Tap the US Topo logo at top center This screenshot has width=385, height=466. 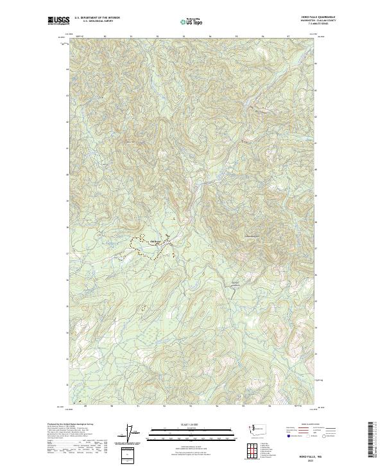193,21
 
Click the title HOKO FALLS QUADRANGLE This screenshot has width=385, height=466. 322,17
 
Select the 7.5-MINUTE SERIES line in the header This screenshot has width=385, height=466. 326,24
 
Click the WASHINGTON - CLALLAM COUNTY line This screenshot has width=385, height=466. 323,21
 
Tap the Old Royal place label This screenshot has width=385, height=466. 155,242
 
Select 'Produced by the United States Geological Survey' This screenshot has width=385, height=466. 67,425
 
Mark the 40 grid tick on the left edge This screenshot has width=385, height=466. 67,174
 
